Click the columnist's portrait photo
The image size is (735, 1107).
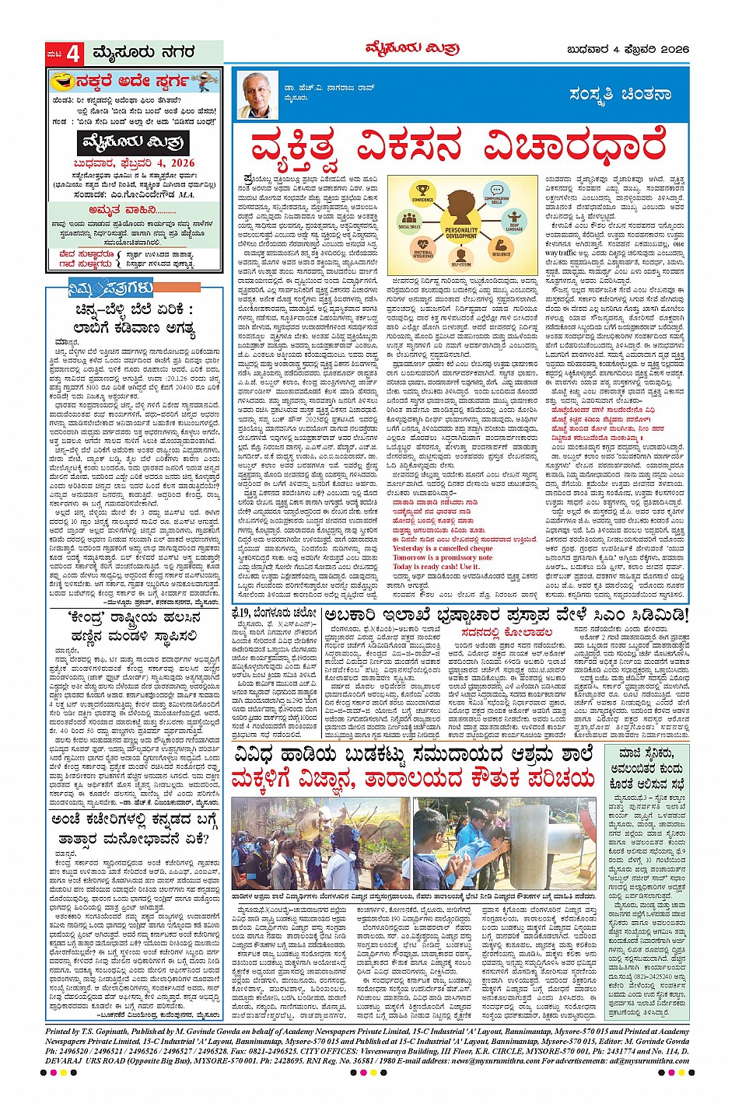[x=260, y=94]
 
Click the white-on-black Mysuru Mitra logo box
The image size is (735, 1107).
[x=134, y=142]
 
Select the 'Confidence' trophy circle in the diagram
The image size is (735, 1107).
[x=423, y=191]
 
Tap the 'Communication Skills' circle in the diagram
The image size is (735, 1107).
[x=496, y=192]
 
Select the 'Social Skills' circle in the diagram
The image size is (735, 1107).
[x=408, y=222]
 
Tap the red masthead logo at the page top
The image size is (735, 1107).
[x=412, y=50]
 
